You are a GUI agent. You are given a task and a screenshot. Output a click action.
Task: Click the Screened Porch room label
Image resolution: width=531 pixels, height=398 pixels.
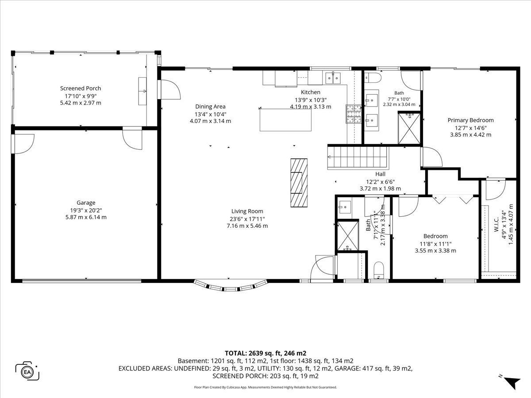[81, 88]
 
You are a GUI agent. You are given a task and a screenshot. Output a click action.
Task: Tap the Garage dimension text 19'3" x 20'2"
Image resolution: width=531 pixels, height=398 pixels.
[86, 210]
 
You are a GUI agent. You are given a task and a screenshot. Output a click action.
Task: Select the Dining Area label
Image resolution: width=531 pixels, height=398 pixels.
[210, 107]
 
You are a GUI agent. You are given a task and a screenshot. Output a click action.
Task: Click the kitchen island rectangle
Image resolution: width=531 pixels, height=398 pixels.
[285, 120]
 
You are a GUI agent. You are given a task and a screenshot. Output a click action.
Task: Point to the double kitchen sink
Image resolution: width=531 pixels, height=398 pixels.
[333, 78]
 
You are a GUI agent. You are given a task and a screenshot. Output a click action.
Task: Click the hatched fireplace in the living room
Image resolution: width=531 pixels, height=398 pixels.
[299, 183]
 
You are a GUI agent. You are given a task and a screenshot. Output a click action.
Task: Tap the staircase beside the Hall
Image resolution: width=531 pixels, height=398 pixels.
[357, 157]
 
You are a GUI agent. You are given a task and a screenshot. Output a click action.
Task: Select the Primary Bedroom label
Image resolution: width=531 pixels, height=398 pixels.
[470, 120]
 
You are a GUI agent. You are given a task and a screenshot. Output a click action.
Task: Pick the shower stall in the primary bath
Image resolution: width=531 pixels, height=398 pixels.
[409, 128]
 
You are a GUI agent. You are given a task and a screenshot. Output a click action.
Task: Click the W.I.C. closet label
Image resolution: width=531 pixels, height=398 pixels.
[496, 225]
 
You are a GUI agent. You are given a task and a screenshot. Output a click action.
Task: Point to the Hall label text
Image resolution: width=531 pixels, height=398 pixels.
[380, 174]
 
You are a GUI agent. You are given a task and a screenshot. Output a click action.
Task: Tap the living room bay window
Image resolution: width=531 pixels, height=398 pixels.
[231, 286]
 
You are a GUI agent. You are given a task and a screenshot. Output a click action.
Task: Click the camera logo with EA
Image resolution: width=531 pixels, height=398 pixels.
[27, 372]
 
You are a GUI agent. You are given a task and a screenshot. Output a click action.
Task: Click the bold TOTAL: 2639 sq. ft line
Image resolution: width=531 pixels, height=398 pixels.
[265, 353]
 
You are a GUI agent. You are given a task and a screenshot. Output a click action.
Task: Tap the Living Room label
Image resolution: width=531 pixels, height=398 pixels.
[247, 211]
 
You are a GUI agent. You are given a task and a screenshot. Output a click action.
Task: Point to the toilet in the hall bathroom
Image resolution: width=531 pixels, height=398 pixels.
[379, 270]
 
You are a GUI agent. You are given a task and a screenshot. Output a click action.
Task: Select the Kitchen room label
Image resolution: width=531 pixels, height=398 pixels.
[311, 92]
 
